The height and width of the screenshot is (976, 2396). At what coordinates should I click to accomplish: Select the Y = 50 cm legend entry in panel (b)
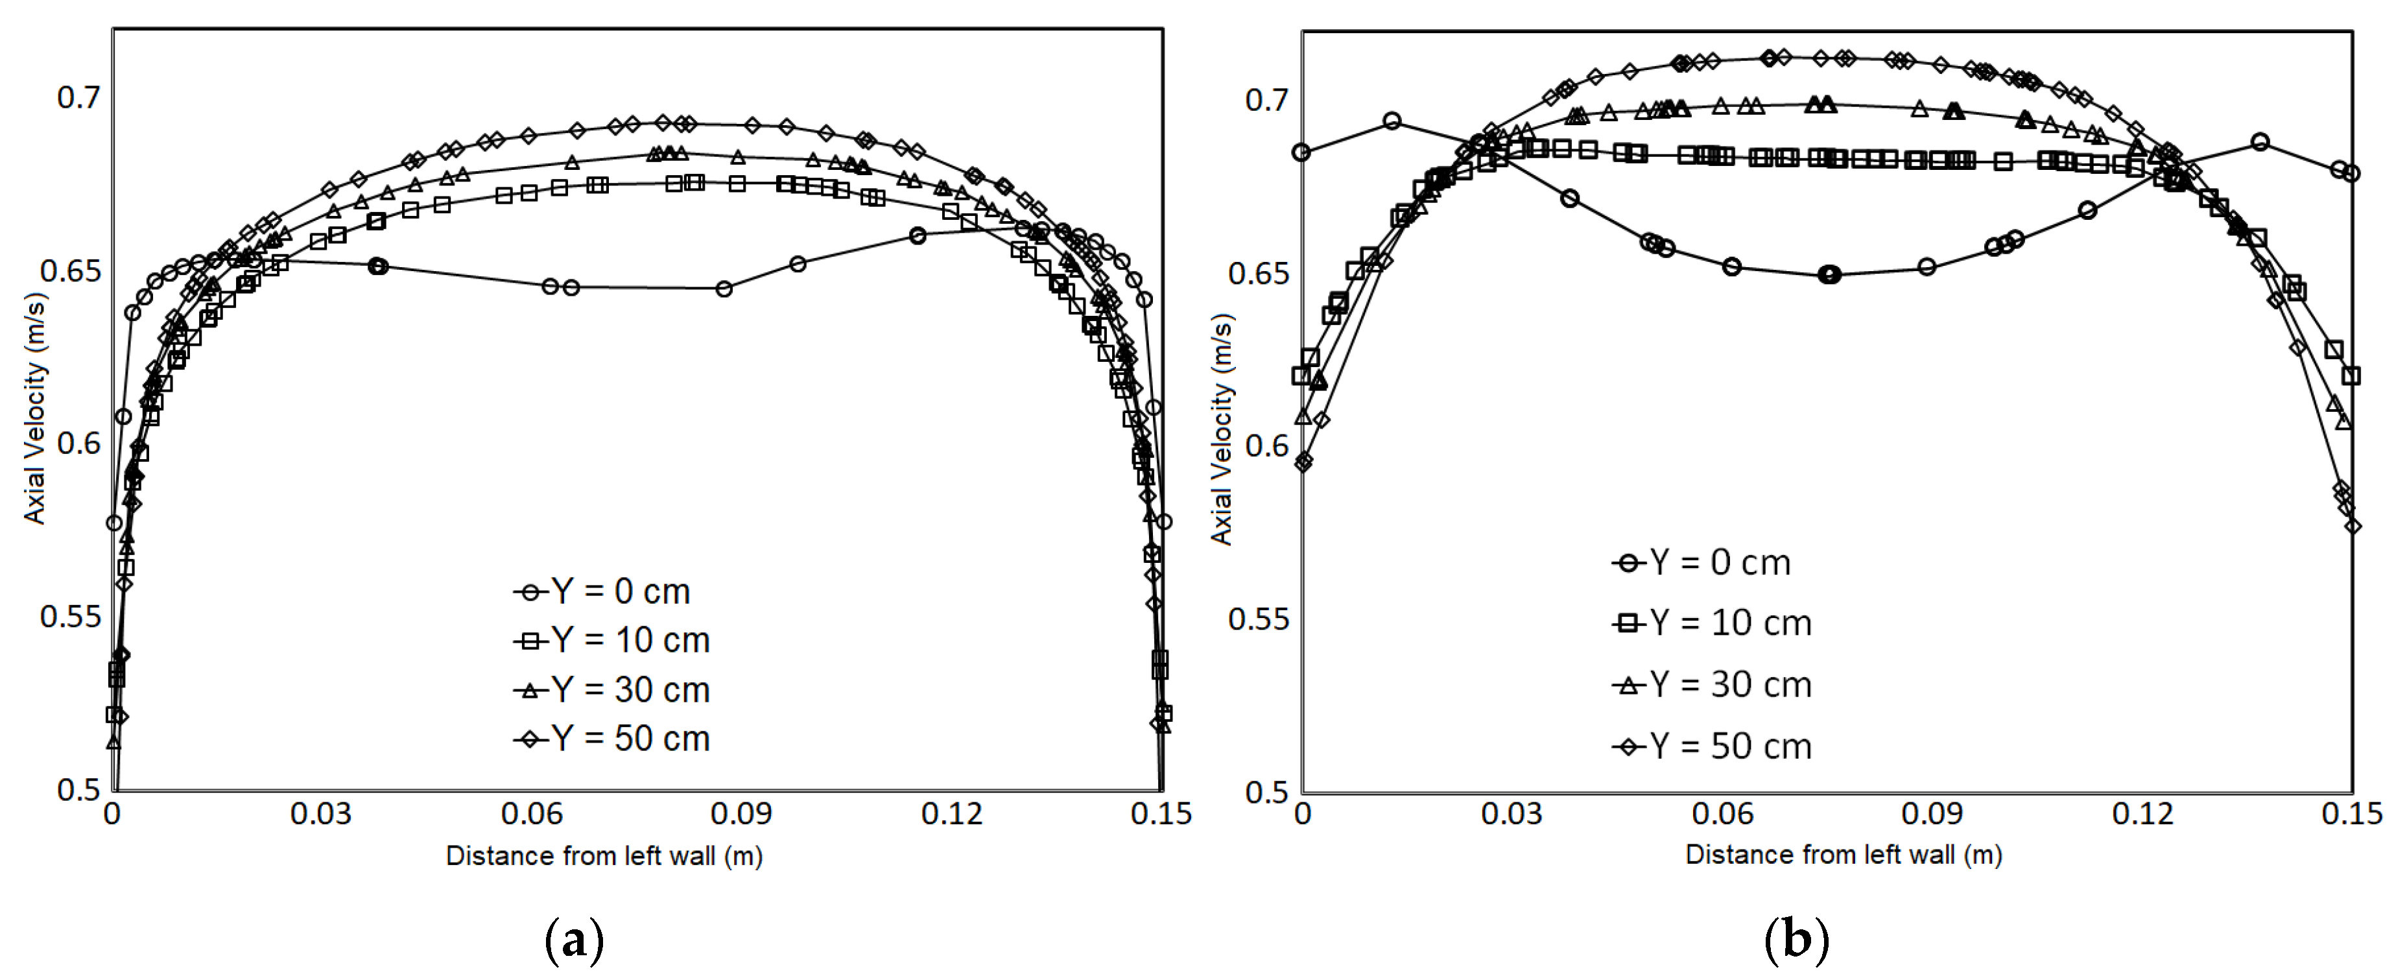click(x=1713, y=746)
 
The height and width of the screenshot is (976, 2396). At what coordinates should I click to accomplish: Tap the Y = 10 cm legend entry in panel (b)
click(x=1713, y=623)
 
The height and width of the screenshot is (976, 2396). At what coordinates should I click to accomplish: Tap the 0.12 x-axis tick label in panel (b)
click(x=2142, y=814)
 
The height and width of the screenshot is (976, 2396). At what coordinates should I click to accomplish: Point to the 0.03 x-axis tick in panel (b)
click(x=1512, y=814)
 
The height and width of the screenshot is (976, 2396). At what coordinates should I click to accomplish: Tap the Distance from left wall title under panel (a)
click(x=604, y=856)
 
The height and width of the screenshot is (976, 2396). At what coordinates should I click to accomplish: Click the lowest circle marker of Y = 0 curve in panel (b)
click(x=1829, y=274)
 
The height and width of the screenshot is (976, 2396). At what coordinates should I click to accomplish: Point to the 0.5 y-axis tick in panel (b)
click(x=1267, y=792)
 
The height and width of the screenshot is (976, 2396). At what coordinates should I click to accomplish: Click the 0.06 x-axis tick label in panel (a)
click(x=531, y=814)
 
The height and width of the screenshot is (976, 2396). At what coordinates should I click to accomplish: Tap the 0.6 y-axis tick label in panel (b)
click(x=1267, y=446)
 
